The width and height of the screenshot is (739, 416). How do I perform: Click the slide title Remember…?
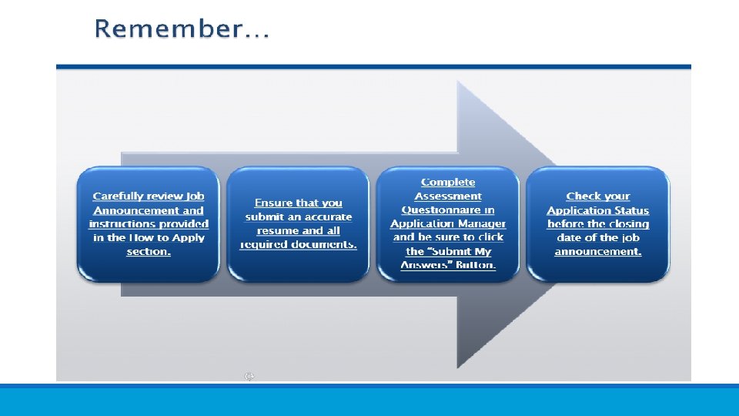coord(182,29)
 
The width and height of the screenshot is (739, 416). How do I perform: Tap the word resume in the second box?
coord(278,231)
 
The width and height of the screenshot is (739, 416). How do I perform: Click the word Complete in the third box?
coord(448,183)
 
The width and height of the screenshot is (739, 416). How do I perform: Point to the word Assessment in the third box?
coord(448,196)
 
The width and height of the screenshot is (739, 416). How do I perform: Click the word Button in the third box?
coord(474,266)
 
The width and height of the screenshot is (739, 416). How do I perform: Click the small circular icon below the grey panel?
coord(249,377)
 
